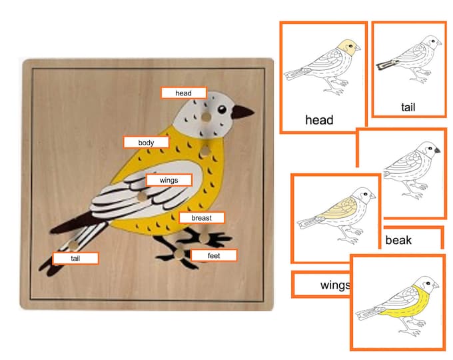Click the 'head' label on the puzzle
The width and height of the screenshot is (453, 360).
coord(183,93)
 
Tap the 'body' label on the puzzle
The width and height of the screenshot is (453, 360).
coord(146,143)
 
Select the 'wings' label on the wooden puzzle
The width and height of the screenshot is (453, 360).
coord(169,180)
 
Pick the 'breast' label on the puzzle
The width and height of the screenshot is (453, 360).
coord(201,218)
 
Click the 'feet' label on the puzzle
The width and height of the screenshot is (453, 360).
coord(213,255)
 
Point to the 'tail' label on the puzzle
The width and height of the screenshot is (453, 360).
coord(75,258)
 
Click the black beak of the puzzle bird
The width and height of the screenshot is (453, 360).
coord(243,112)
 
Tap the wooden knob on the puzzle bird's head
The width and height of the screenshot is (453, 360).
coord(207,117)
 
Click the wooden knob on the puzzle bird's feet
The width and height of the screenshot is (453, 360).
coord(181,252)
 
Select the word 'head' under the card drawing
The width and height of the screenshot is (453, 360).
coord(318,121)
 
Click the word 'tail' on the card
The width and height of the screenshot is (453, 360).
coord(408,106)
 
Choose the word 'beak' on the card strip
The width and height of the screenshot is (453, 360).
coord(398,240)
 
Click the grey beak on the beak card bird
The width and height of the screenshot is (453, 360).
coord(437,151)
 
